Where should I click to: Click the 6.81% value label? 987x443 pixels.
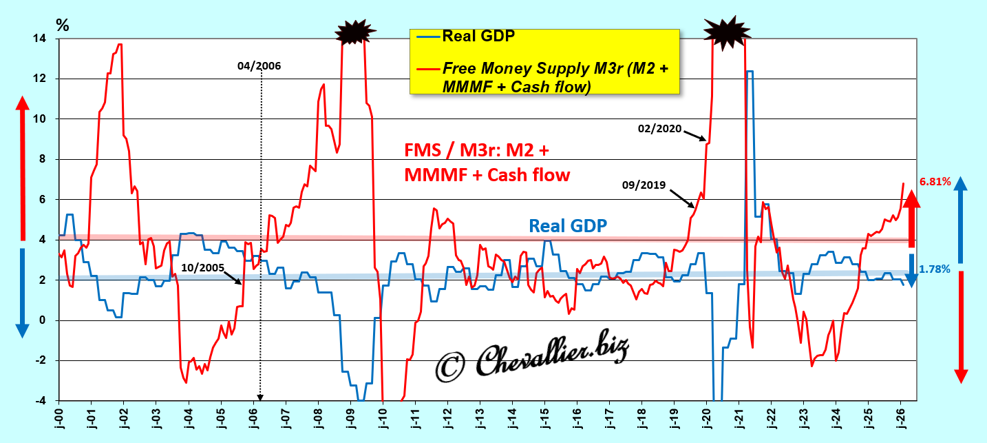[935, 183]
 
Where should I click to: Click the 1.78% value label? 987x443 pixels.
[935, 269]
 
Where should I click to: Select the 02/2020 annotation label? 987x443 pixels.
[659, 129]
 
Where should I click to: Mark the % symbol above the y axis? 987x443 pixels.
[63, 25]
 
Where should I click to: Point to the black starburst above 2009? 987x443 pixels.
[355, 32]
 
